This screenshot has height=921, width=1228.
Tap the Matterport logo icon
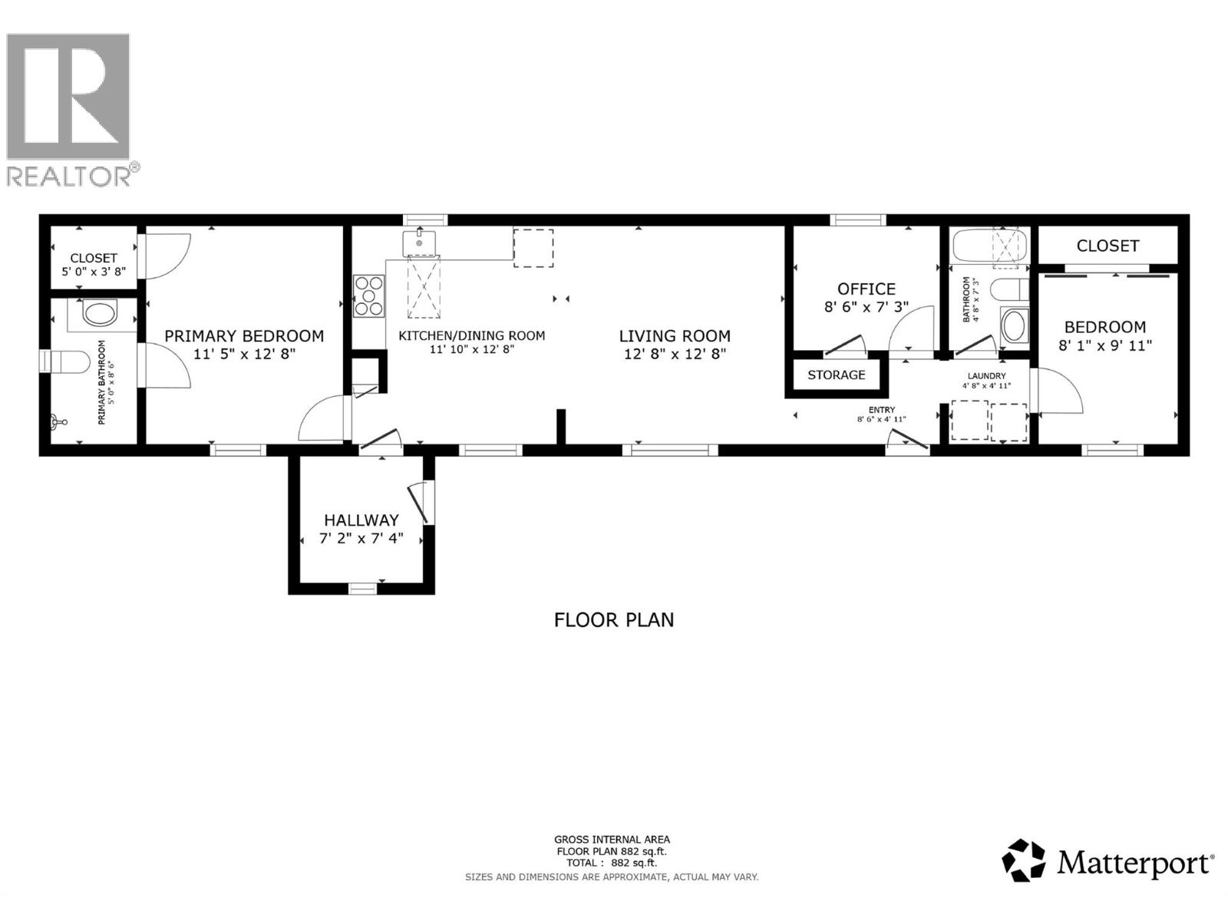point(1024,860)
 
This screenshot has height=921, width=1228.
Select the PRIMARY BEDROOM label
point(244,336)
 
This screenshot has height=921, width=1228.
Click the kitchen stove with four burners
point(368,295)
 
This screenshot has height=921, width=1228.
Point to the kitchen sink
point(419,243)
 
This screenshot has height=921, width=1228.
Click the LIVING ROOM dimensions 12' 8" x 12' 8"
point(675,354)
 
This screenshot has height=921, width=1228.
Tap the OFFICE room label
point(866,289)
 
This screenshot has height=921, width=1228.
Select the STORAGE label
point(836,375)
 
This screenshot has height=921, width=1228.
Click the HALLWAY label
point(361,520)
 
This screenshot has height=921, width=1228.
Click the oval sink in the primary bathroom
point(99,313)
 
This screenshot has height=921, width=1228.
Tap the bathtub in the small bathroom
point(989,246)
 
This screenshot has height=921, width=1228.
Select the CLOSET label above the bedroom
point(1108,246)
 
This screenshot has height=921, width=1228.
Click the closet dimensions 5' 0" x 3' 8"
point(94,272)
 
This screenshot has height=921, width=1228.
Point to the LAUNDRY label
point(986,376)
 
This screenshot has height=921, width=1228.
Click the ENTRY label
point(881,410)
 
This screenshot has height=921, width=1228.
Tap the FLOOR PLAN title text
point(613,619)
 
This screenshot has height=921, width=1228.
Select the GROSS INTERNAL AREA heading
point(612,840)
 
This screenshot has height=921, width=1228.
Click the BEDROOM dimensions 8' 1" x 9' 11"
point(1104,345)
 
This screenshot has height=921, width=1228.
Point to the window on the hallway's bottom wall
point(362,589)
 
